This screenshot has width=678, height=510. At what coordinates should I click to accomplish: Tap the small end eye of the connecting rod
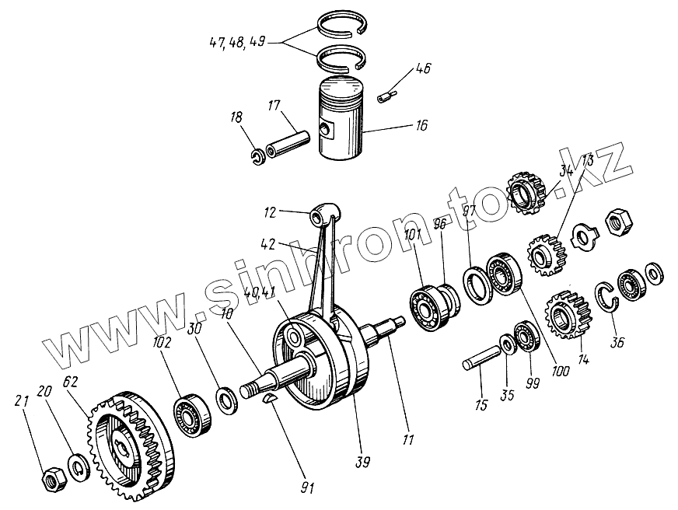(325, 211)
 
